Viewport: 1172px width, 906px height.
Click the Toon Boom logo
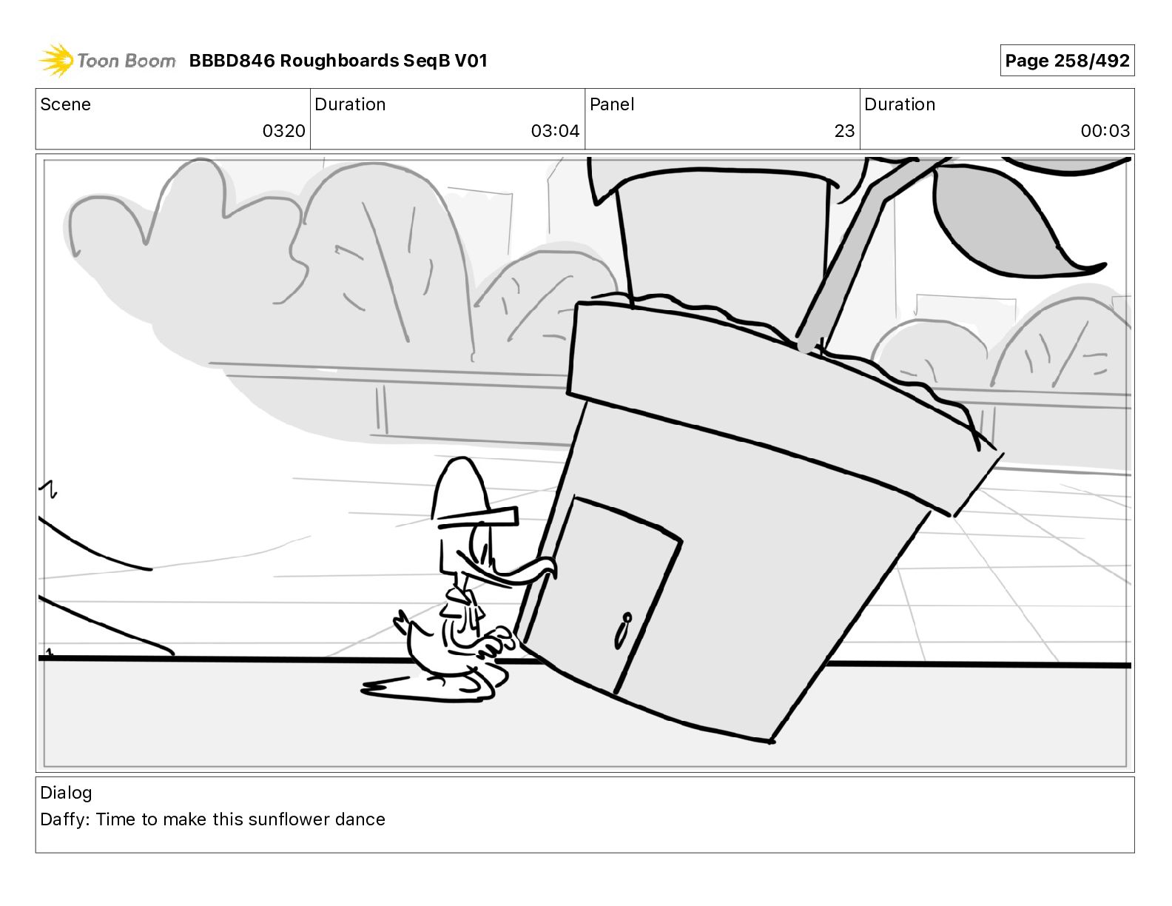[x=107, y=61]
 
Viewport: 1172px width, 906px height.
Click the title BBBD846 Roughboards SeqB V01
[x=338, y=61]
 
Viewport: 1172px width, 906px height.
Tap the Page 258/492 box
[x=1066, y=61]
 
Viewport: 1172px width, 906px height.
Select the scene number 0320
[x=283, y=131]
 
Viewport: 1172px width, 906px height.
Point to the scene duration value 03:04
[x=555, y=131]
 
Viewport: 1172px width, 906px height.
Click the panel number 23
[x=844, y=131]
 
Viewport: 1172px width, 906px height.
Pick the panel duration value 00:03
[x=1105, y=131]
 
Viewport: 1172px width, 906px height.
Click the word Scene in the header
[x=65, y=104]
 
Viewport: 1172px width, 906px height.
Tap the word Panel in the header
[x=612, y=104]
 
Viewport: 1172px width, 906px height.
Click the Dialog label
[x=66, y=793]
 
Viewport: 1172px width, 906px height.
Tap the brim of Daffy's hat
[x=478, y=516]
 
